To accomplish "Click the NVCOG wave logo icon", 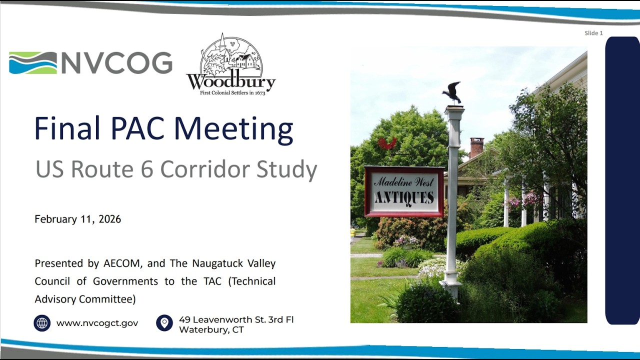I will pyautogui.click(x=33, y=63).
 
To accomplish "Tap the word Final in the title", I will pyautogui.click(x=67, y=128).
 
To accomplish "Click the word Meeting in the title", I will pyautogui.click(x=233, y=129).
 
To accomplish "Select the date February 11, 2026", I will pyautogui.click(x=77, y=219).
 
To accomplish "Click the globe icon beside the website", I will pyautogui.click(x=42, y=323).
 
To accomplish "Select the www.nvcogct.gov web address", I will pyautogui.click(x=97, y=323).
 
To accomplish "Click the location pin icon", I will pyautogui.click(x=164, y=323).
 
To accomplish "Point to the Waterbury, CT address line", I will pyautogui.click(x=211, y=329).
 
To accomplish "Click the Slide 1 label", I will pyautogui.click(x=593, y=33).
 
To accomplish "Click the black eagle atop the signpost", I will pyautogui.click(x=452, y=92).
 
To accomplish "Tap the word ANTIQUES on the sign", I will pyautogui.click(x=404, y=197).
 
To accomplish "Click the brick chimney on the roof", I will pyautogui.click(x=476, y=147).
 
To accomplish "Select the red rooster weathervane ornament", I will pyautogui.click(x=387, y=143).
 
